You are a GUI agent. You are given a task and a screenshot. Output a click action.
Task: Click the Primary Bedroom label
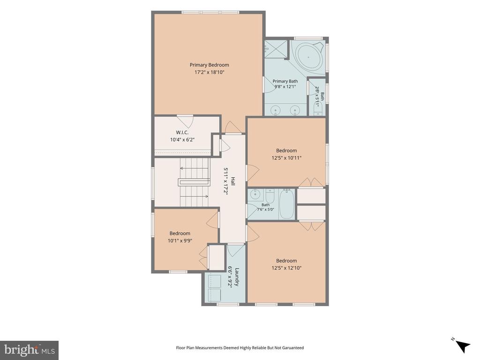tap(210, 65)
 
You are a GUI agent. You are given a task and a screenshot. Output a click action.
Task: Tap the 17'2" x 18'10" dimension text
tap(210, 73)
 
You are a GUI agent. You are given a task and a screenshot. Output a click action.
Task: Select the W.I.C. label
tap(182, 132)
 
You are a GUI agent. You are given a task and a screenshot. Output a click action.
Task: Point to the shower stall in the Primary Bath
tap(276, 48)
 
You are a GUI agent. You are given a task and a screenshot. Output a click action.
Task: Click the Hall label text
tap(233, 181)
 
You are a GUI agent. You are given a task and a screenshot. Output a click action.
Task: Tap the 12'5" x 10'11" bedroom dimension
tap(286, 158)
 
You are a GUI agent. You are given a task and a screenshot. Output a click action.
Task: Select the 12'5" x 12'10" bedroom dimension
tap(286, 268)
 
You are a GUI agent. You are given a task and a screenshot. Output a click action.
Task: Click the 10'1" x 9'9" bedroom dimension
tap(180, 240)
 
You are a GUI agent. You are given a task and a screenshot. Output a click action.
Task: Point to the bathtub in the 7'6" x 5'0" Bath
tap(287, 204)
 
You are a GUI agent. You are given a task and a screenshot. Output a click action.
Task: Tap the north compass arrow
tap(463, 346)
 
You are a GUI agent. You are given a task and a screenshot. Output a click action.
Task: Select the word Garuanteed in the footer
tap(293, 348)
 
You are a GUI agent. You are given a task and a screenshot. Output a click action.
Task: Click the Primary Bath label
tap(285, 81)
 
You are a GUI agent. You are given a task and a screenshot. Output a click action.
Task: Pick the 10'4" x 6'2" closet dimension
tap(182, 140)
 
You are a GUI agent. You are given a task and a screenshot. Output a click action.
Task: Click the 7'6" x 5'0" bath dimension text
tap(265, 210)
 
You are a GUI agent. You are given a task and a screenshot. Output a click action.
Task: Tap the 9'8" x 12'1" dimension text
tap(285, 87)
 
